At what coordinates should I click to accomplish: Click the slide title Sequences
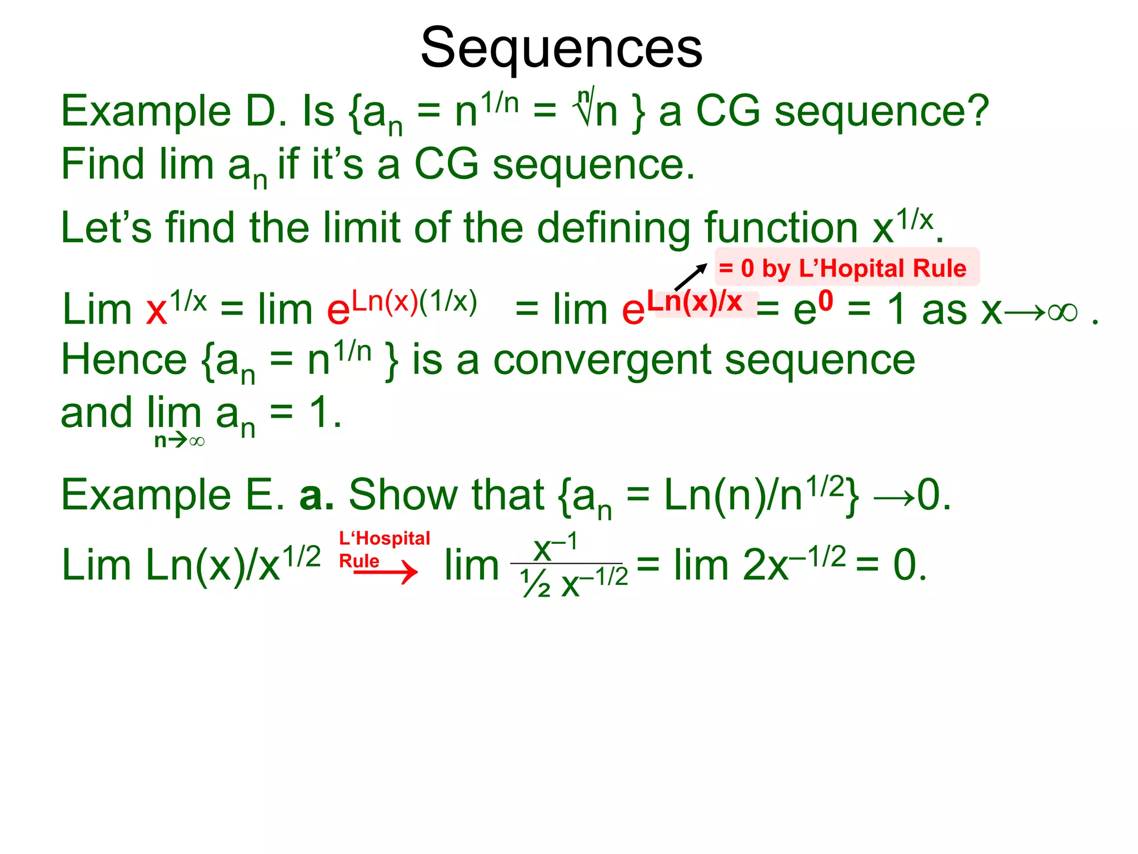[x=561, y=49]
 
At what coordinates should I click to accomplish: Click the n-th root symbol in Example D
[x=585, y=108]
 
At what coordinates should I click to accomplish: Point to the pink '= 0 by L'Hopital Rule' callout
[x=846, y=268]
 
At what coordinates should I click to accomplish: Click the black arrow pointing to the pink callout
[x=690, y=276]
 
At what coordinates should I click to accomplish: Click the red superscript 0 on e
[x=826, y=301]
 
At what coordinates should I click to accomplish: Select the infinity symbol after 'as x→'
[x=1062, y=312]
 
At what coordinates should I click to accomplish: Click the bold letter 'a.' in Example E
[x=316, y=495]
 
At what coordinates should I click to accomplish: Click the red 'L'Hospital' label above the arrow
[x=385, y=538]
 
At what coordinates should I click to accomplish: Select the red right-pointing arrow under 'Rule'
[x=386, y=572]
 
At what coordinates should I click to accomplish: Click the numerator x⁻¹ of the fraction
[x=555, y=547]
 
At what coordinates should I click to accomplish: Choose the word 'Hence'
[x=124, y=361]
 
